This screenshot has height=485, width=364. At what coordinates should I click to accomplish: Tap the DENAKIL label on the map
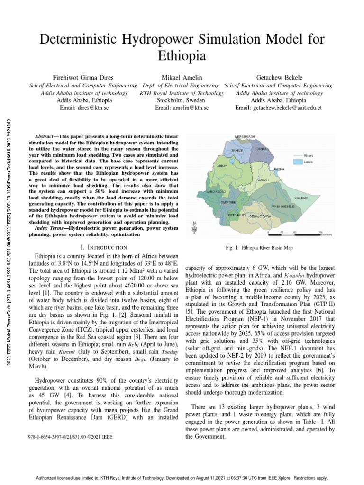pos(263,149)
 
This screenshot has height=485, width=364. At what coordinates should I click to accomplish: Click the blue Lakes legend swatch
pos(297,162)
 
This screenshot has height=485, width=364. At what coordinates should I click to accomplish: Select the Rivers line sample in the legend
pos(297,155)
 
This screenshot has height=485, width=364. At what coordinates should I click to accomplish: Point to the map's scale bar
pos(294,232)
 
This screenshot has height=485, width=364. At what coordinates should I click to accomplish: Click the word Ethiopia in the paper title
pos(182,56)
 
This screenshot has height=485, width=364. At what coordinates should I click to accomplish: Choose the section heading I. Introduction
pos(104,247)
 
